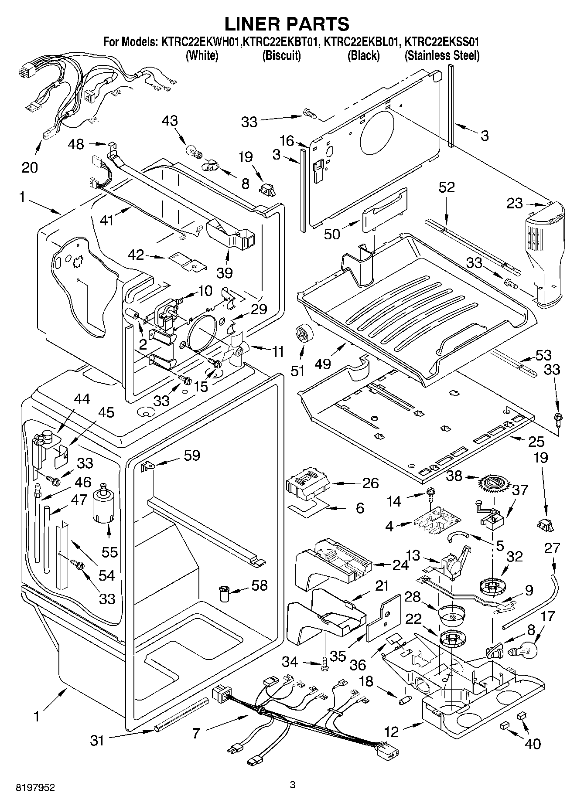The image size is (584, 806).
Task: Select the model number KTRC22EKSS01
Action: click(x=442, y=42)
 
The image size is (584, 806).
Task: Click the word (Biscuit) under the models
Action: click(x=282, y=56)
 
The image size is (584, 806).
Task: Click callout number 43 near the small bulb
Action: click(x=170, y=121)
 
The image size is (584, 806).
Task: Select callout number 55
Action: click(x=109, y=552)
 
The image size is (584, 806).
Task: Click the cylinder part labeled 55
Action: click(x=103, y=503)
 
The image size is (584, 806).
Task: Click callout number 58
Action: click(x=260, y=585)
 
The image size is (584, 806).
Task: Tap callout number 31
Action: click(x=97, y=740)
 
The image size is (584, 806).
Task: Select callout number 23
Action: click(x=515, y=203)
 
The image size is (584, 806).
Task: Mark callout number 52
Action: click(x=447, y=187)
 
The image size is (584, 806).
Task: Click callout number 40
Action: click(x=533, y=743)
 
